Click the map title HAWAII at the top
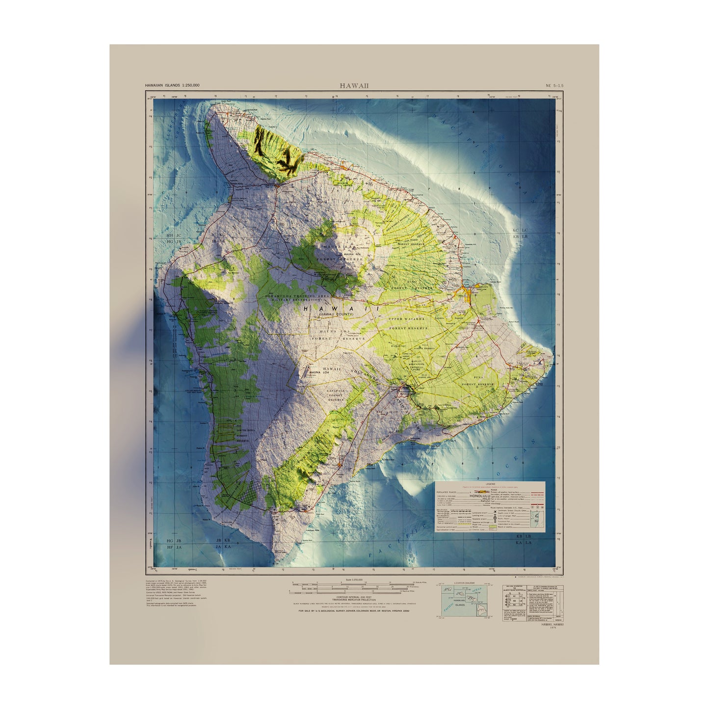coord(354,86)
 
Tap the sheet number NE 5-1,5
coord(554,86)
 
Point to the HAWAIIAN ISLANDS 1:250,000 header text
coord(172,86)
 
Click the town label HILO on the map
coord(462,297)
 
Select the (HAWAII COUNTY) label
coord(336,314)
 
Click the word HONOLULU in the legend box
coord(483,496)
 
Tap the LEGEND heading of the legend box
coord(490,484)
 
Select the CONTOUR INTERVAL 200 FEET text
coord(354,596)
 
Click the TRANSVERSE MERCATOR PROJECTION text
coord(354,600)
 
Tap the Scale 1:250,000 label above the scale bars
coord(354,580)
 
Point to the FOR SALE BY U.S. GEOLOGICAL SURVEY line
coord(354,611)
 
